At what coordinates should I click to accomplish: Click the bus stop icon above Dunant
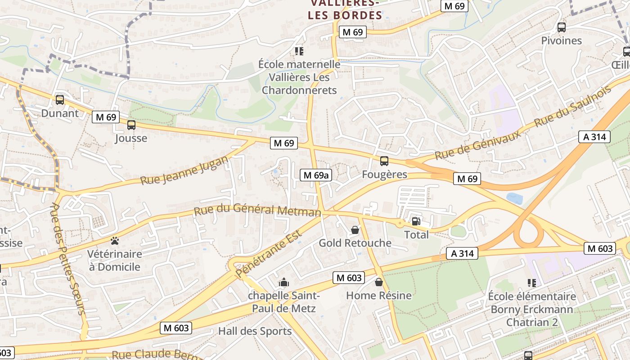[59, 100]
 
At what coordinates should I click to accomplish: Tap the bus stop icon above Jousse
[131, 125]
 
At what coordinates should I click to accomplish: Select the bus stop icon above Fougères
[384, 161]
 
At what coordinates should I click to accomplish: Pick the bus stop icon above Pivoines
[561, 27]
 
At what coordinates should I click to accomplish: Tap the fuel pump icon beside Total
[416, 221]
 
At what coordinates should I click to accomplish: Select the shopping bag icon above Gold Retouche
[355, 230]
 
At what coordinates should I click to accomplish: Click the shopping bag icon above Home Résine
[378, 282]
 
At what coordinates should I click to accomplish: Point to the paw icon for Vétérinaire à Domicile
[114, 241]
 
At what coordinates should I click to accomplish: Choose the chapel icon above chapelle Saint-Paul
[284, 283]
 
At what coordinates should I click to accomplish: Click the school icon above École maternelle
[299, 51]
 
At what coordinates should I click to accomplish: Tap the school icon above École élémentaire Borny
[531, 283]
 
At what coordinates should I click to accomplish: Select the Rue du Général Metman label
[257, 210]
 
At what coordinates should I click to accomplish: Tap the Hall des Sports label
[255, 332]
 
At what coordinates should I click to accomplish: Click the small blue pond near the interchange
[514, 198]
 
